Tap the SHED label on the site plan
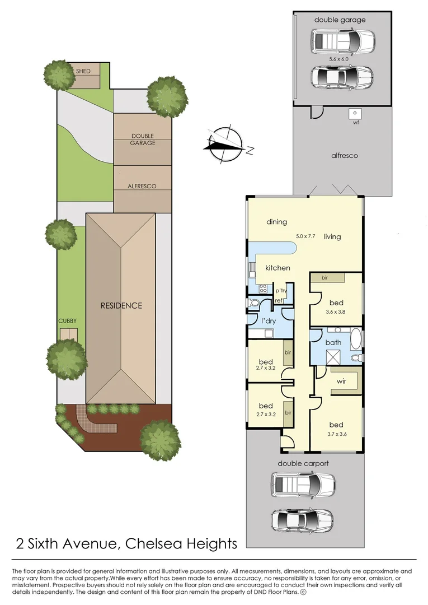(83, 71)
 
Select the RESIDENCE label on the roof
(121, 306)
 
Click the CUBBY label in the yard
(67, 320)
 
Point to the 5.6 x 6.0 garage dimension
(338, 59)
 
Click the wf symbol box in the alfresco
(355, 113)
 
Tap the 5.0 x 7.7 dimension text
(305, 236)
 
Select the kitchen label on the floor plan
(278, 268)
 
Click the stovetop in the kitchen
(264, 288)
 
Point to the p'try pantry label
(281, 291)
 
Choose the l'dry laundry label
(269, 320)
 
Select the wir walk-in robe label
(341, 381)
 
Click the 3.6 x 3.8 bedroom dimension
(336, 312)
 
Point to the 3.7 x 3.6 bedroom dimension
(337, 434)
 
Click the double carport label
(303, 463)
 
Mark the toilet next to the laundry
(254, 302)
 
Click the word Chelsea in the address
(153, 543)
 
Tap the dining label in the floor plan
(276, 222)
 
